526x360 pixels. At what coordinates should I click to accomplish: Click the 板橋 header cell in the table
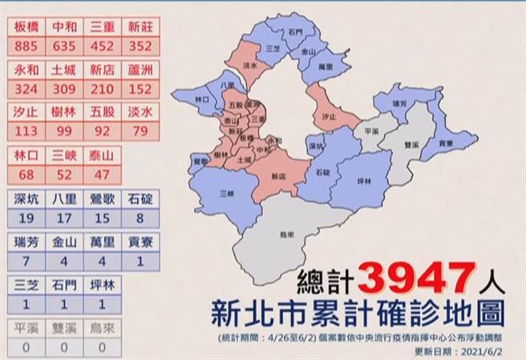(27, 27)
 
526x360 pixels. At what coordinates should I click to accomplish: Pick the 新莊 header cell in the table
(140, 27)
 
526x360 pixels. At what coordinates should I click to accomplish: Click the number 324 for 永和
(27, 88)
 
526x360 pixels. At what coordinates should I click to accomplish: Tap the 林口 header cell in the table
(27, 156)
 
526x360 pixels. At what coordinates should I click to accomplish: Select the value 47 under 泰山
(102, 174)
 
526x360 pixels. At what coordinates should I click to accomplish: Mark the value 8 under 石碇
(140, 217)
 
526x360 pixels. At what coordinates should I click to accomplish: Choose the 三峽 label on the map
(227, 193)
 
